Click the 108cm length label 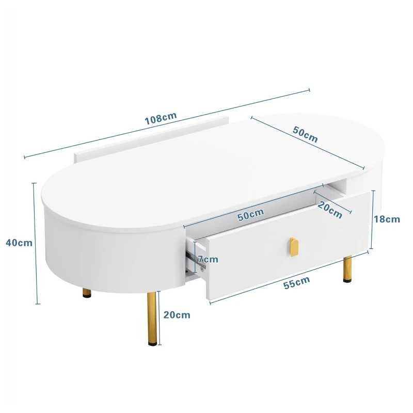(161, 119)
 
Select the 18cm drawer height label (387, 219)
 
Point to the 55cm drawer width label (297, 281)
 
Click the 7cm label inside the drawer (208, 259)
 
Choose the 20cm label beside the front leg (177, 314)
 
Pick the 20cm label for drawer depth (330, 210)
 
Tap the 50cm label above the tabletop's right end (305, 134)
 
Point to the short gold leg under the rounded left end (87, 293)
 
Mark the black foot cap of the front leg (152, 340)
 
